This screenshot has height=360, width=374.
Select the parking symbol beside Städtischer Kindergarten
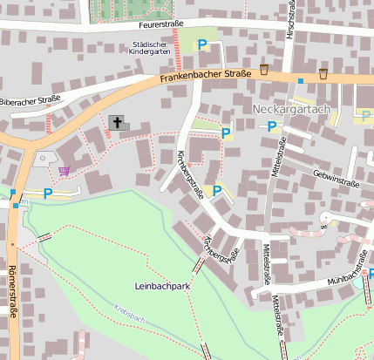click(202, 44)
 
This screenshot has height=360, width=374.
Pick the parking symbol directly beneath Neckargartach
click(272, 126)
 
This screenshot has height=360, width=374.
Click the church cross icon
click(116, 122)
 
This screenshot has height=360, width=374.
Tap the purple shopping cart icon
click(65, 170)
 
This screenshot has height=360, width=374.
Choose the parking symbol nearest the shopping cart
click(48, 192)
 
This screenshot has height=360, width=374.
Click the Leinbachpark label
click(162, 285)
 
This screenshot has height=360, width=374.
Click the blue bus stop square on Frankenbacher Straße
click(301, 81)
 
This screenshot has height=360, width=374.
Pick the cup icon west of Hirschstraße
click(264, 70)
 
